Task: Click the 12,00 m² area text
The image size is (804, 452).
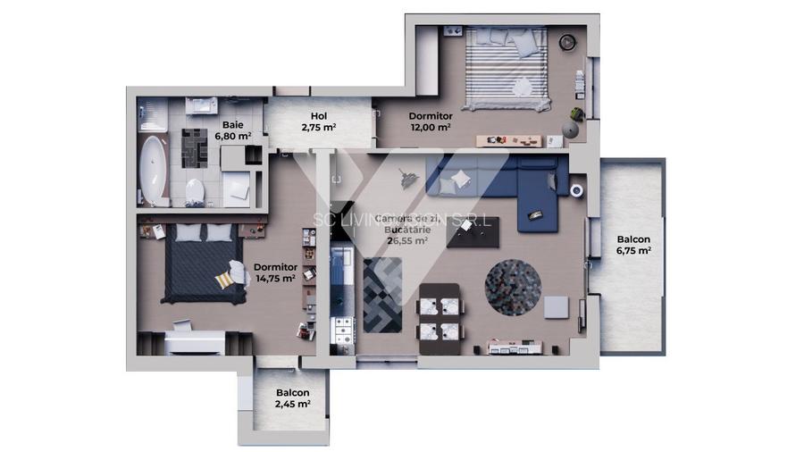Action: click(x=431, y=128)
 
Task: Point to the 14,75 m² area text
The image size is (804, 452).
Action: click(x=275, y=278)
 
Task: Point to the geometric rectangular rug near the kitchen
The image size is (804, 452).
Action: click(x=383, y=294)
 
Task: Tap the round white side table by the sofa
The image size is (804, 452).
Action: click(x=576, y=189)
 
